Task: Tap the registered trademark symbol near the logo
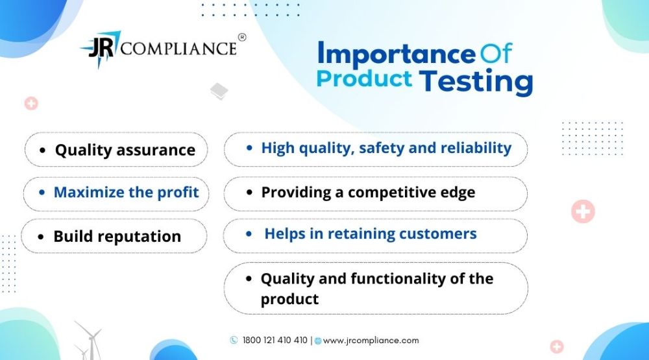click(x=242, y=37)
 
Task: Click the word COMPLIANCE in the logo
click(x=178, y=49)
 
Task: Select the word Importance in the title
click(x=397, y=54)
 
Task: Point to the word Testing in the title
click(x=476, y=81)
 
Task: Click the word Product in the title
click(x=364, y=78)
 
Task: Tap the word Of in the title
click(x=496, y=53)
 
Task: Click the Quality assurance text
click(x=125, y=150)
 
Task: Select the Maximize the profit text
click(x=127, y=193)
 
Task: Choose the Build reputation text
click(x=117, y=237)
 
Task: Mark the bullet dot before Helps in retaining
click(x=249, y=234)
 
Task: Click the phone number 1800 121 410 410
click(x=275, y=340)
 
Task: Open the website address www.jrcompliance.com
click(x=371, y=341)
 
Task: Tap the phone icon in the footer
click(x=234, y=340)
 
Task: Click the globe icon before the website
click(x=318, y=341)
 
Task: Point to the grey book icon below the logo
click(x=219, y=91)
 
